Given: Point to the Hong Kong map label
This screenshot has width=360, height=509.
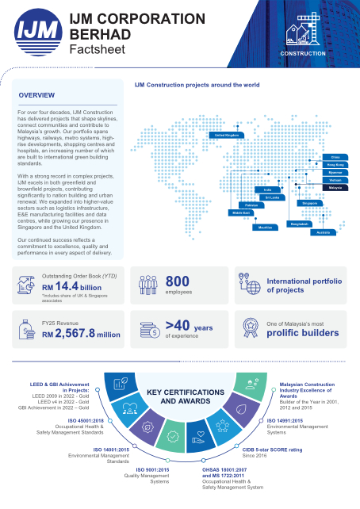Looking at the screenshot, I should pyautogui.click(x=335, y=164).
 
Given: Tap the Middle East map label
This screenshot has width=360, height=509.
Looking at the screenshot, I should pyautogui.click(x=240, y=213).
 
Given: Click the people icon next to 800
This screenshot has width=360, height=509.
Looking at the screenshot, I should pyautogui.click(x=148, y=285).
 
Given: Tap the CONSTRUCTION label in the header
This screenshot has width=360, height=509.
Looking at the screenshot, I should pyautogui.click(x=303, y=53).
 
